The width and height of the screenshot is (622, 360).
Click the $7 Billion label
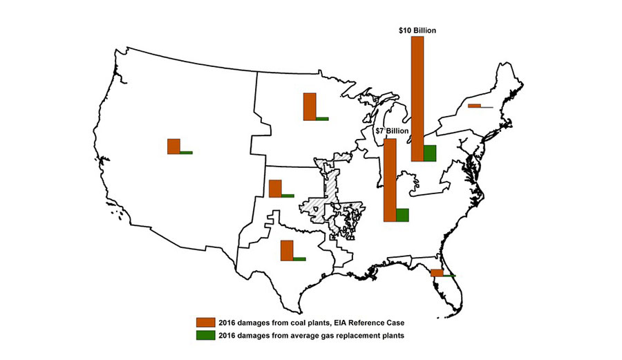coord(390,131)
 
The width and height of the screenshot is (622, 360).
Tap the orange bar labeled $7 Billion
coord(390,180)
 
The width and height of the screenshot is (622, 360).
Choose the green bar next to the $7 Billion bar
coord(402,215)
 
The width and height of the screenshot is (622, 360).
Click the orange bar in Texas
coord(286,250)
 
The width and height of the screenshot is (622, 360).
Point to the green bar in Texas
coord(299,259)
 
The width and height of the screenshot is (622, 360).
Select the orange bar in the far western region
coord(173,146)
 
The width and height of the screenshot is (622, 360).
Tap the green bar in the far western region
coord(186,152)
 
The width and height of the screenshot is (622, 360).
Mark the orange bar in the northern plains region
coord(310,106)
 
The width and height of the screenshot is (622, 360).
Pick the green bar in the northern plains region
coord(322,119)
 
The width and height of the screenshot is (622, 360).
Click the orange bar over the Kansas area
coord(275,188)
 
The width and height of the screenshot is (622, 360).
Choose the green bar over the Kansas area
coord(288,196)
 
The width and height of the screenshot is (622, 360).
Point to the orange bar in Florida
coord(437,273)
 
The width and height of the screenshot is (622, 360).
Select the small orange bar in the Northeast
coord(474,106)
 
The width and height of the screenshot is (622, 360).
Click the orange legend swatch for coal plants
coord(205,323)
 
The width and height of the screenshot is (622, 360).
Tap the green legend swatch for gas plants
coord(205,335)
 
